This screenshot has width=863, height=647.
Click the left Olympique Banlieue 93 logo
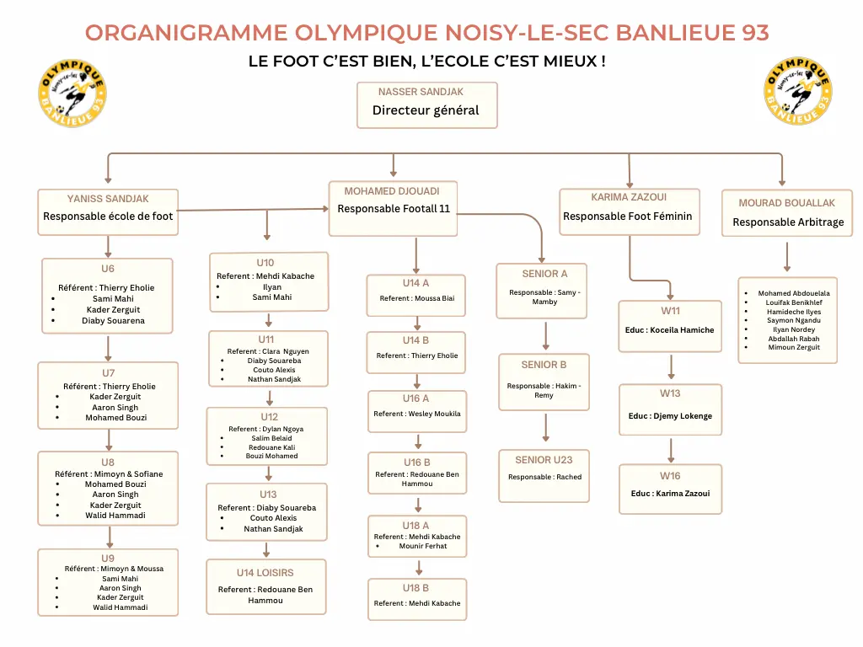tap(72, 94)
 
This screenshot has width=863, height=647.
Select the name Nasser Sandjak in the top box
tap(421, 92)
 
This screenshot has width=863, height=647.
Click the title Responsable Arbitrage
tap(787, 222)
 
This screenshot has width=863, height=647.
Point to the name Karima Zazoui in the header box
tap(629, 197)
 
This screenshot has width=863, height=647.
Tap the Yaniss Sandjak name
tap(108, 199)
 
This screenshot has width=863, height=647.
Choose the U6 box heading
tap(108, 269)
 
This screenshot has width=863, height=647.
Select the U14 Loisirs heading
tap(266, 572)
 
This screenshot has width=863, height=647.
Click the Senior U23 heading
tap(544, 459)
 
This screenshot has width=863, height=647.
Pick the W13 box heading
tap(670, 393)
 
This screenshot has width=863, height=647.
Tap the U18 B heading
tap(415, 587)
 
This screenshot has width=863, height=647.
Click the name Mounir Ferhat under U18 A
tap(423, 546)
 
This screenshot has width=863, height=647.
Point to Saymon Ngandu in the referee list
tap(794, 320)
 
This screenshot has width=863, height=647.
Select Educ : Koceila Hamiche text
tap(671, 330)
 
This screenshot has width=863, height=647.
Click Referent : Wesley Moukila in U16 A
tap(417, 414)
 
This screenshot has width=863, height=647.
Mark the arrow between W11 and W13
tap(671, 366)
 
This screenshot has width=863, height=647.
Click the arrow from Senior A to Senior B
tap(545, 335)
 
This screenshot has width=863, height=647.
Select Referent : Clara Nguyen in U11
tap(268, 350)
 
